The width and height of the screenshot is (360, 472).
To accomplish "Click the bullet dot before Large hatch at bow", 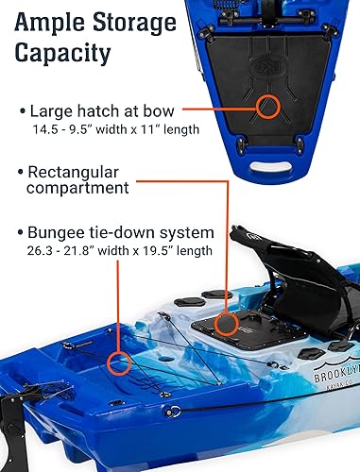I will pos(22,112).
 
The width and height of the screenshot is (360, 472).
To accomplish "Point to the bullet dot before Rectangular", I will pos(22,174).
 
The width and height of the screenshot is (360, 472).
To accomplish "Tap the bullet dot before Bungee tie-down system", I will pos(22,233).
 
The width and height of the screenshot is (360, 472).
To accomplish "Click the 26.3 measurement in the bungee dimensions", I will pos(44,250).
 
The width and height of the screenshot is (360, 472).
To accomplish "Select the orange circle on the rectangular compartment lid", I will pos(225,326).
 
